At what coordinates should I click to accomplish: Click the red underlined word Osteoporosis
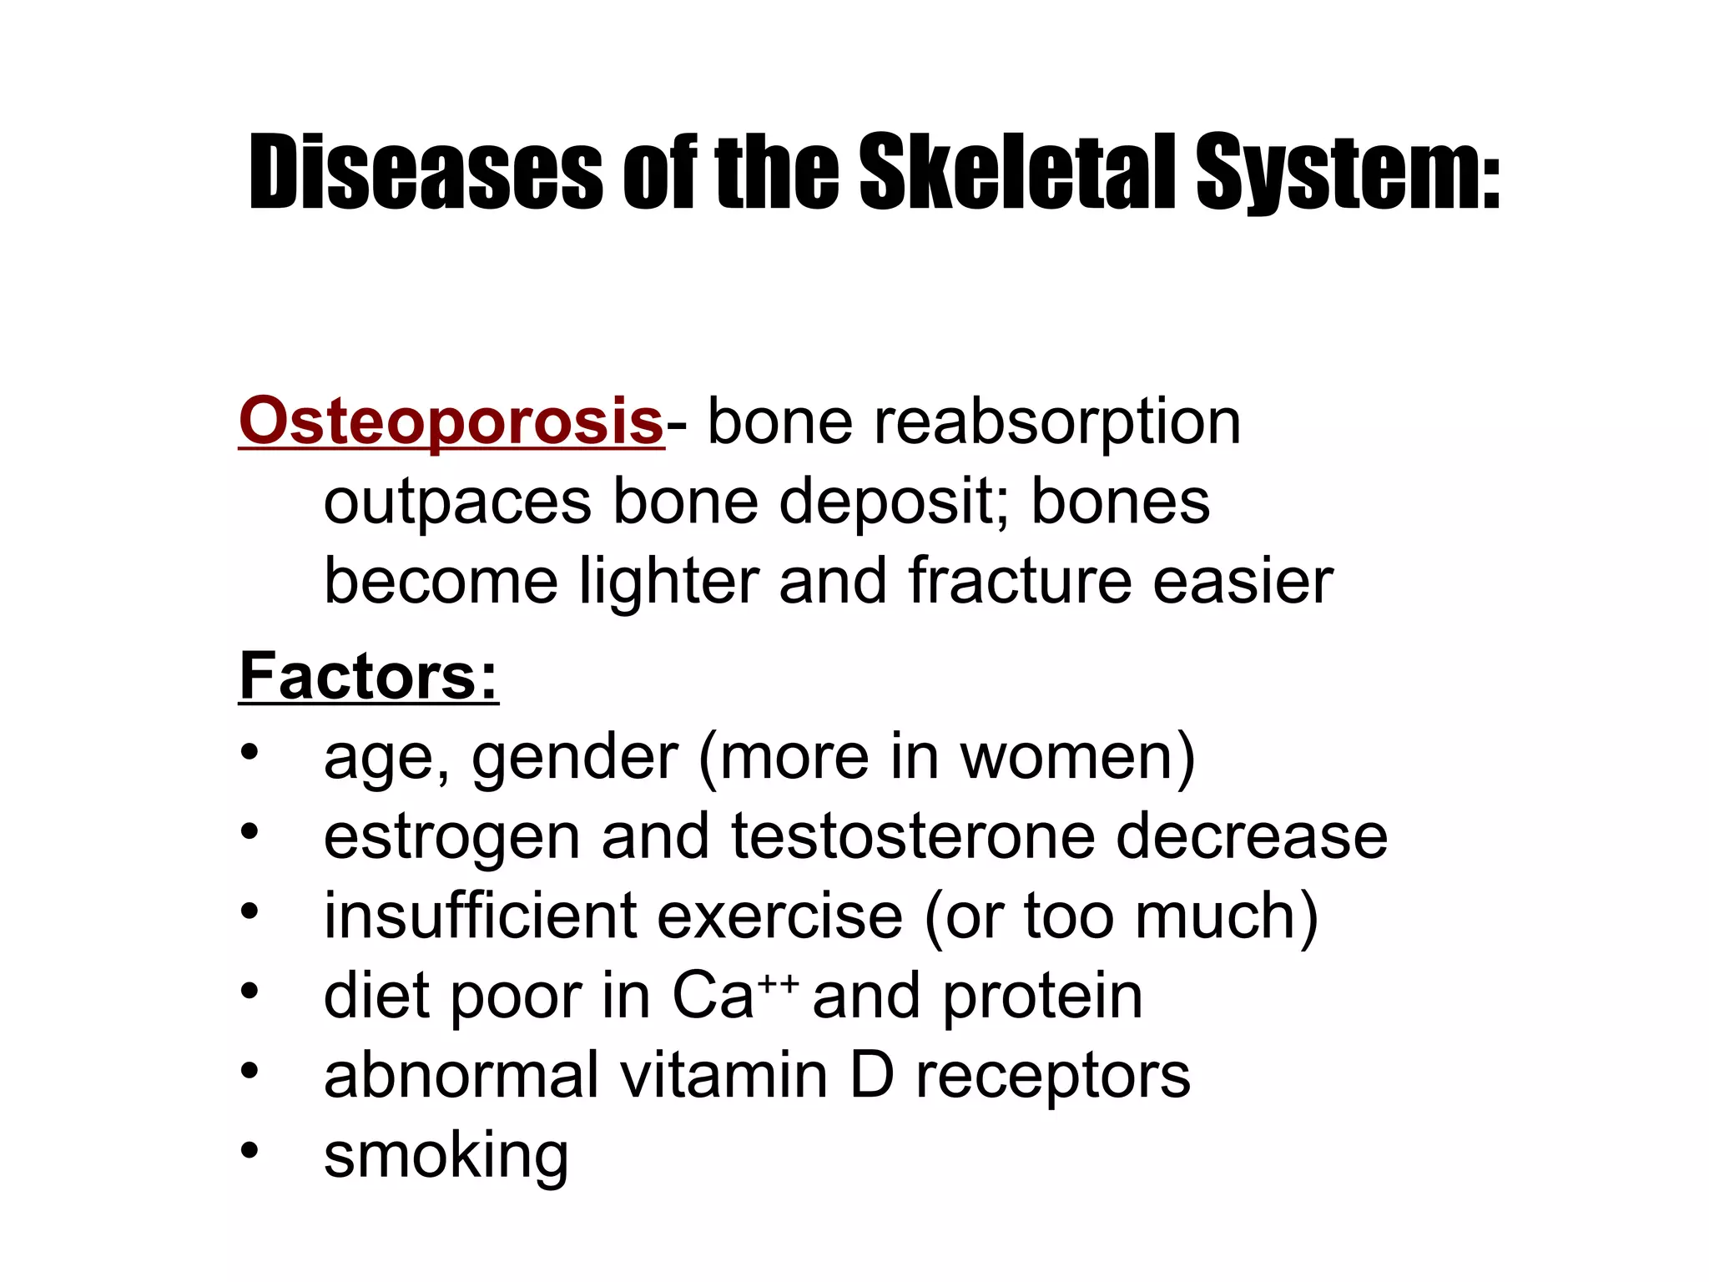coord(451,421)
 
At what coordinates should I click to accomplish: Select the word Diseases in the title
coord(425,173)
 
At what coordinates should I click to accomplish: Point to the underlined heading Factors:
coord(368,676)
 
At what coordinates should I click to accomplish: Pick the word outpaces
coord(457,503)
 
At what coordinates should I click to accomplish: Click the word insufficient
coord(479,916)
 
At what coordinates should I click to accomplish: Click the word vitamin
coord(723,1075)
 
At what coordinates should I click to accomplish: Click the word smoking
coord(446,1157)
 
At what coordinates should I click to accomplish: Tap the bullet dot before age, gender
coord(250,752)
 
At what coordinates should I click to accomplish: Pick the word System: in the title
coord(1348,173)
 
